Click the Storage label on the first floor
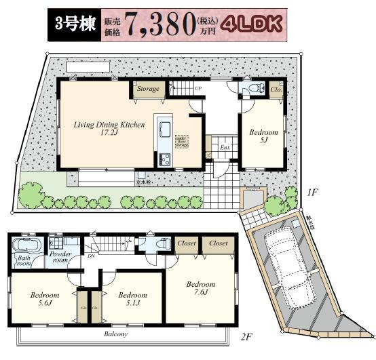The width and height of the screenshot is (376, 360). point(148,89)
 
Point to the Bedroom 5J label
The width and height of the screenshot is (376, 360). point(262,136)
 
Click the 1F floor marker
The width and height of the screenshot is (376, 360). point(312,193)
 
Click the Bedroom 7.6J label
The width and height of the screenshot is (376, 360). point(201,289)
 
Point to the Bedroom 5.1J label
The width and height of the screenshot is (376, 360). point(132,300)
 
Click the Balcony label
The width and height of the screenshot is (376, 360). point(116,334)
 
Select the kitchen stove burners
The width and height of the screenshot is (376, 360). point(165,159)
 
